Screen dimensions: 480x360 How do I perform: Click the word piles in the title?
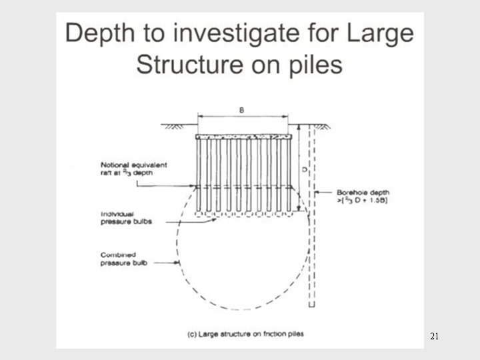click(x=312, y=65)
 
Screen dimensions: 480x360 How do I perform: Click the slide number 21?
click(x=434, y=336)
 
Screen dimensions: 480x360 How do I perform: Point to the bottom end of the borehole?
click(x=311, y=305)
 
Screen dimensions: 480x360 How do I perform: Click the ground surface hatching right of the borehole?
click(x=323, y=127)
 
